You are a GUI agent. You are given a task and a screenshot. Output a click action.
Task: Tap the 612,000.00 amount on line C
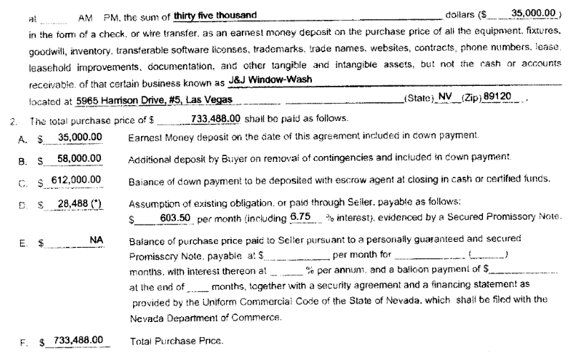pyautogui.click(x=77, y=179)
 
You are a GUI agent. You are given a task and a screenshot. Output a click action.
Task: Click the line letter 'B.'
pyautogui.click(x=23, y=159)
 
